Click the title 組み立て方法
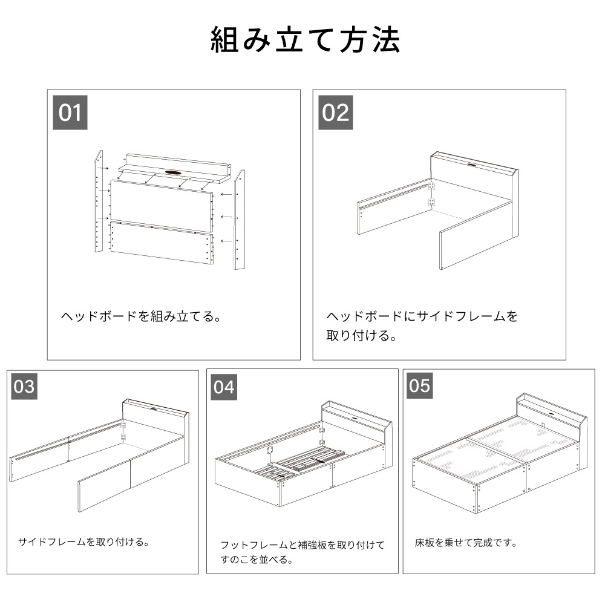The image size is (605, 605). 305,40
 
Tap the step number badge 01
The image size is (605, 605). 70,113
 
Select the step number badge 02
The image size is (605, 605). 335,113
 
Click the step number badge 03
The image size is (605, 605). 24,386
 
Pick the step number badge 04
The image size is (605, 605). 224,387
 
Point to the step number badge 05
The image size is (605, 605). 419,385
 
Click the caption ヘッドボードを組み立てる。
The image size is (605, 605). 141,316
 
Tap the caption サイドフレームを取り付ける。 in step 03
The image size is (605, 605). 83,541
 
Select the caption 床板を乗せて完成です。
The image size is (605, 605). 466,543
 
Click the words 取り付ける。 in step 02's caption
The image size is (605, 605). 362,335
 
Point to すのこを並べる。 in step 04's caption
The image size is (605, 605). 257,559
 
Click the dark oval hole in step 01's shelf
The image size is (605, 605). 173,172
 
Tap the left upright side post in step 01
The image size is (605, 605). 99,201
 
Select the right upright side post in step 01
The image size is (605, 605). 239,220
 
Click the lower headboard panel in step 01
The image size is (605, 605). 162,243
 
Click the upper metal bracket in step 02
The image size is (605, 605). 431,186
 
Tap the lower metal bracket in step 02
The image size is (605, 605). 431,202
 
